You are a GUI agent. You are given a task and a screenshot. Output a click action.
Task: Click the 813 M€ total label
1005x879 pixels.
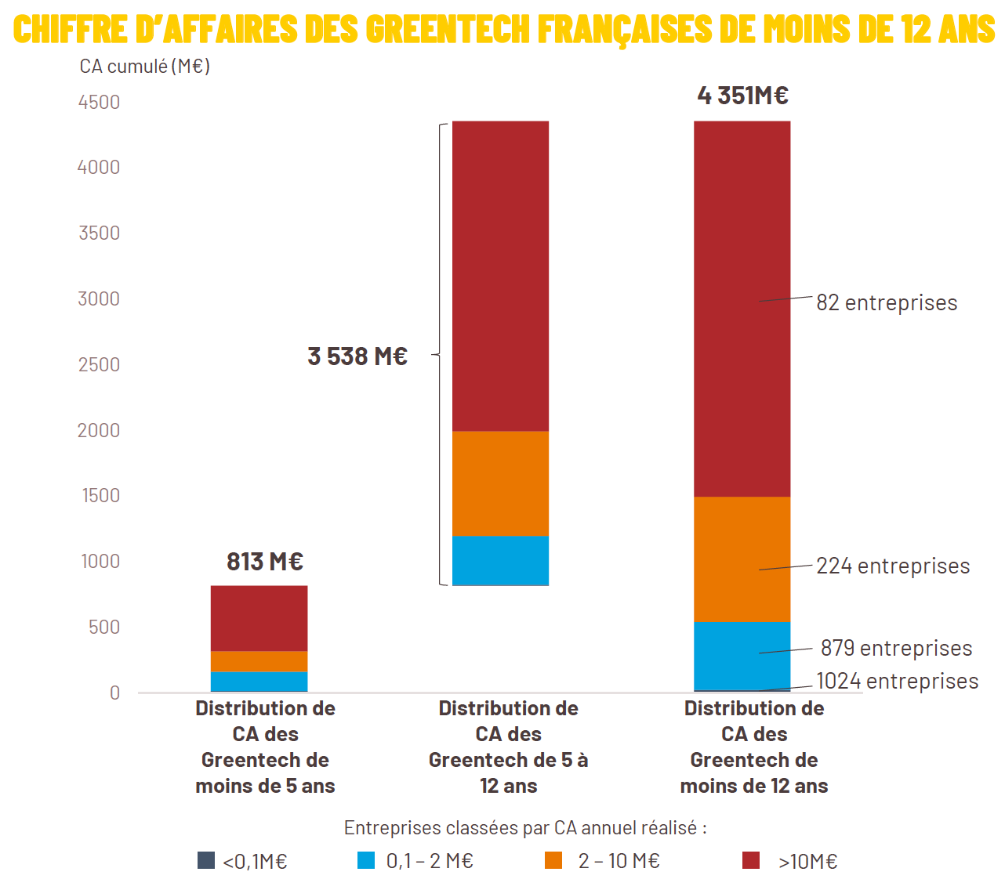coord(264,562)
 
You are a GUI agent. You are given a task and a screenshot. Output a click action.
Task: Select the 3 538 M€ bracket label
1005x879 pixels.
coord(357,356)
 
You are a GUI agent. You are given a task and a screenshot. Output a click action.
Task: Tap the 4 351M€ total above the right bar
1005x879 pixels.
coord(742,96)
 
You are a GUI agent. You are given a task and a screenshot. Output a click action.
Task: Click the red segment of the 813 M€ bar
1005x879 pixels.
coord(259,618)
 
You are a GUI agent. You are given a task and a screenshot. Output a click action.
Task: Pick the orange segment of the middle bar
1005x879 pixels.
coord(500,483)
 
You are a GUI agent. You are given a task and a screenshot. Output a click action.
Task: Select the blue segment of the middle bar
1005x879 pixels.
coord(500,560)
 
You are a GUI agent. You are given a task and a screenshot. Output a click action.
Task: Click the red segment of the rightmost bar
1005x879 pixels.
coord(742,309)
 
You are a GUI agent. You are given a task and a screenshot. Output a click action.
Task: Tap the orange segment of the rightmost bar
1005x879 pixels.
coord(742,559)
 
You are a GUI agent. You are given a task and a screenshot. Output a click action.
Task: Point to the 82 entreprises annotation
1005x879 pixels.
coord(887,303)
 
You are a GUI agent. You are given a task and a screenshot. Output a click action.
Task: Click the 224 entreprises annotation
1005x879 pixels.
coord(893,566)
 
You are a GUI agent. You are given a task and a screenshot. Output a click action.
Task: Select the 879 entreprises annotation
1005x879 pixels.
coord(896,649)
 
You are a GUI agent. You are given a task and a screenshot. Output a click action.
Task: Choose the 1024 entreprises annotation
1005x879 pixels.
coord(897,682)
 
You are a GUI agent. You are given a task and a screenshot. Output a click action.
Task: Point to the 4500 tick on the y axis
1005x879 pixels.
coord(99,103)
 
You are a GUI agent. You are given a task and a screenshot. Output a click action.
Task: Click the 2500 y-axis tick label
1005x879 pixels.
coord(99,365)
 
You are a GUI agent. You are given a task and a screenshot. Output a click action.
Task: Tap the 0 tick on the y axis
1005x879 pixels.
coord(114,693)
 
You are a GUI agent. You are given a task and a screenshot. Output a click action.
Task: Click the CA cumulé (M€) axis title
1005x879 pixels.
coord(145,67)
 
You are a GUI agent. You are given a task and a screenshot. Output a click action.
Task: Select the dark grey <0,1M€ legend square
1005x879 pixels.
coord(206,860)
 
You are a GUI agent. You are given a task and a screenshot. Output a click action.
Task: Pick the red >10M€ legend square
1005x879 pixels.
coord(751,860)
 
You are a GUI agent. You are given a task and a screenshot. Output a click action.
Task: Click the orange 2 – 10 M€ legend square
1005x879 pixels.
coord(553,860)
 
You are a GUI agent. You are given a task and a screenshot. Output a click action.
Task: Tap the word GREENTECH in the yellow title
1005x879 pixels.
coord(448,30)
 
